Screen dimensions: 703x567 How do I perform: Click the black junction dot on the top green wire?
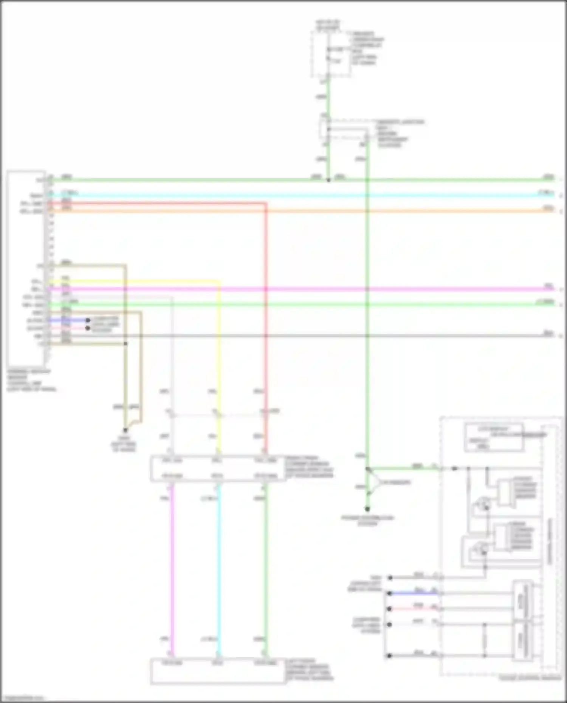328,180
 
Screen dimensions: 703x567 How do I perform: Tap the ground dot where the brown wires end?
125,430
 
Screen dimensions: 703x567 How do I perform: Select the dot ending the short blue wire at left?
88,320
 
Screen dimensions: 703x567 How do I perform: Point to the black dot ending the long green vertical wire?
367,509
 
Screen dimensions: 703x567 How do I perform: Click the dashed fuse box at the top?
330,54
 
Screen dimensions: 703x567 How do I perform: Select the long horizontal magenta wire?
302,289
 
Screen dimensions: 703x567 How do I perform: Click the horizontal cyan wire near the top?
302,196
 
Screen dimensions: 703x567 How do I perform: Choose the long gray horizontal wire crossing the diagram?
302,335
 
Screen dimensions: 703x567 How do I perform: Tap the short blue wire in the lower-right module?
414,594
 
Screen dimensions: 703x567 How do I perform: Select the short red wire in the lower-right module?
414,609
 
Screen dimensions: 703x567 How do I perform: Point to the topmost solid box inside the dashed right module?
494,437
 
